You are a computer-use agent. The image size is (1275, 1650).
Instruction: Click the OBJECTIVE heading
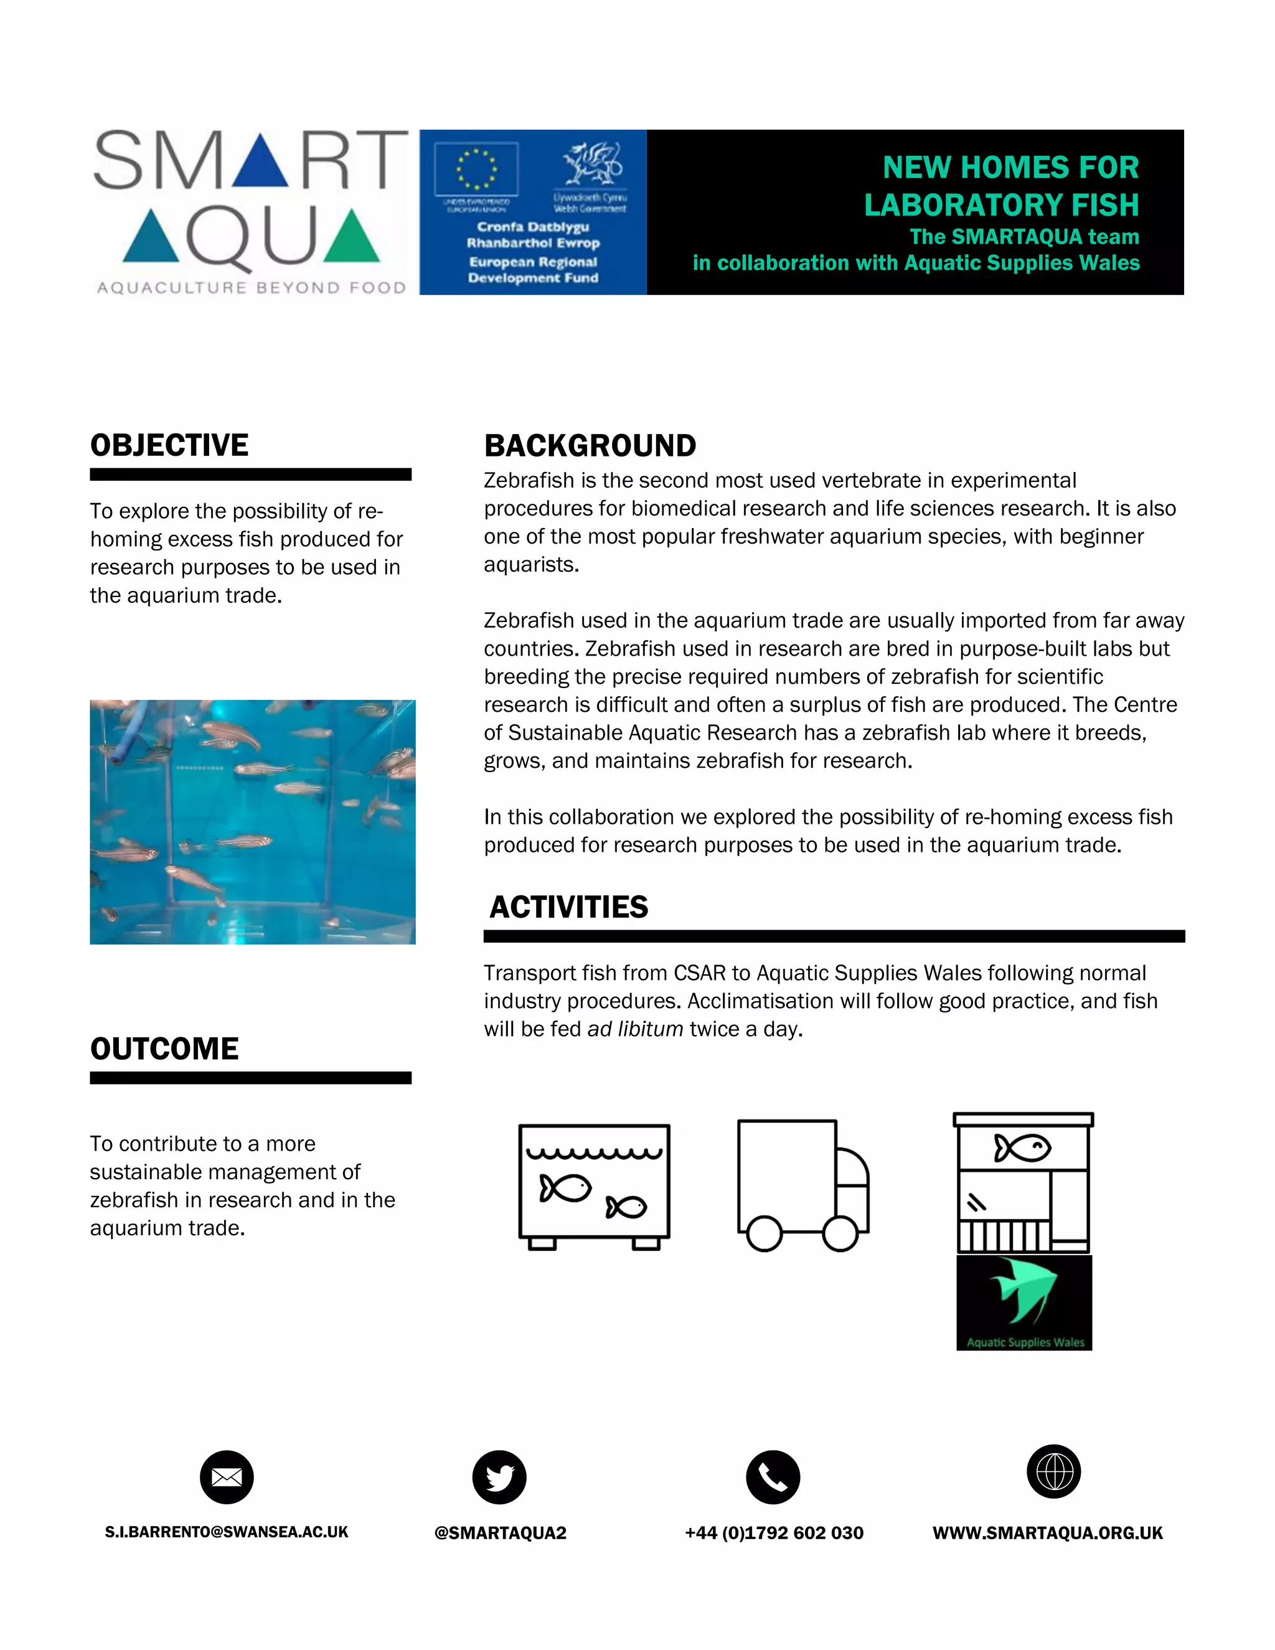pos(169,445)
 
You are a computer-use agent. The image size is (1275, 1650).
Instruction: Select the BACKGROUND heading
pos(590,446)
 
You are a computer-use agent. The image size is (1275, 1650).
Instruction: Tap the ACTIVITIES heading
pos(569,907)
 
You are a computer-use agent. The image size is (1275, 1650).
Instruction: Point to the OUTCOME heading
pos(164,1049)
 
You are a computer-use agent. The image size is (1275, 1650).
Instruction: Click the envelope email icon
pos(227,1477)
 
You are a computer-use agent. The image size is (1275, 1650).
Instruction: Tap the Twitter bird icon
pos(499,1477)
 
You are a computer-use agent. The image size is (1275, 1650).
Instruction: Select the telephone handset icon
pos(773,1477)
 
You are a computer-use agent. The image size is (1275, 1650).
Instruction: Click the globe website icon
pos(1054,1472)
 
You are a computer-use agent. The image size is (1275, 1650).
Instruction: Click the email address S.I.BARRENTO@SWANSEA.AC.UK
pos(227,1532)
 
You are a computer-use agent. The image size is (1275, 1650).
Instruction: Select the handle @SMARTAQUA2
pos(500,1533)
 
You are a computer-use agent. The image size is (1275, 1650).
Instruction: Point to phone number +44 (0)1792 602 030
pos(773,1533)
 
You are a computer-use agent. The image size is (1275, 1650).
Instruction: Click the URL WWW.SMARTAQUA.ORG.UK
pos(1048,1533)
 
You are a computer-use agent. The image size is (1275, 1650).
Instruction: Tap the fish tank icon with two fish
pos(595,1186)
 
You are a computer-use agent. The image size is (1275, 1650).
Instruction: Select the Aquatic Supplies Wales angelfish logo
pos(1024,1302)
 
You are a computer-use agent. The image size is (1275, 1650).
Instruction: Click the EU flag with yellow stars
pos(476,169)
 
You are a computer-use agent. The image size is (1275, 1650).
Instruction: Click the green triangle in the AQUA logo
pos(351,237)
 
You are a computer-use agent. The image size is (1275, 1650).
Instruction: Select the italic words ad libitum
pos(634,1029)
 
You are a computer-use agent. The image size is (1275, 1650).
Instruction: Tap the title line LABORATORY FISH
pos(1001,205)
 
